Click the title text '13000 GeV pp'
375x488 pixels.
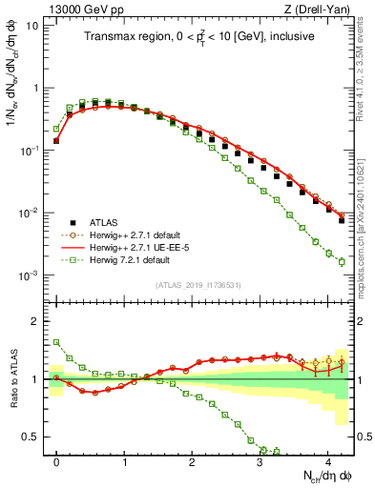(x=77, y=9)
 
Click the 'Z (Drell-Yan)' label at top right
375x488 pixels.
(x=321, y=9)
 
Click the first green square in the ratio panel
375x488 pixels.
(x=56, y=342)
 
